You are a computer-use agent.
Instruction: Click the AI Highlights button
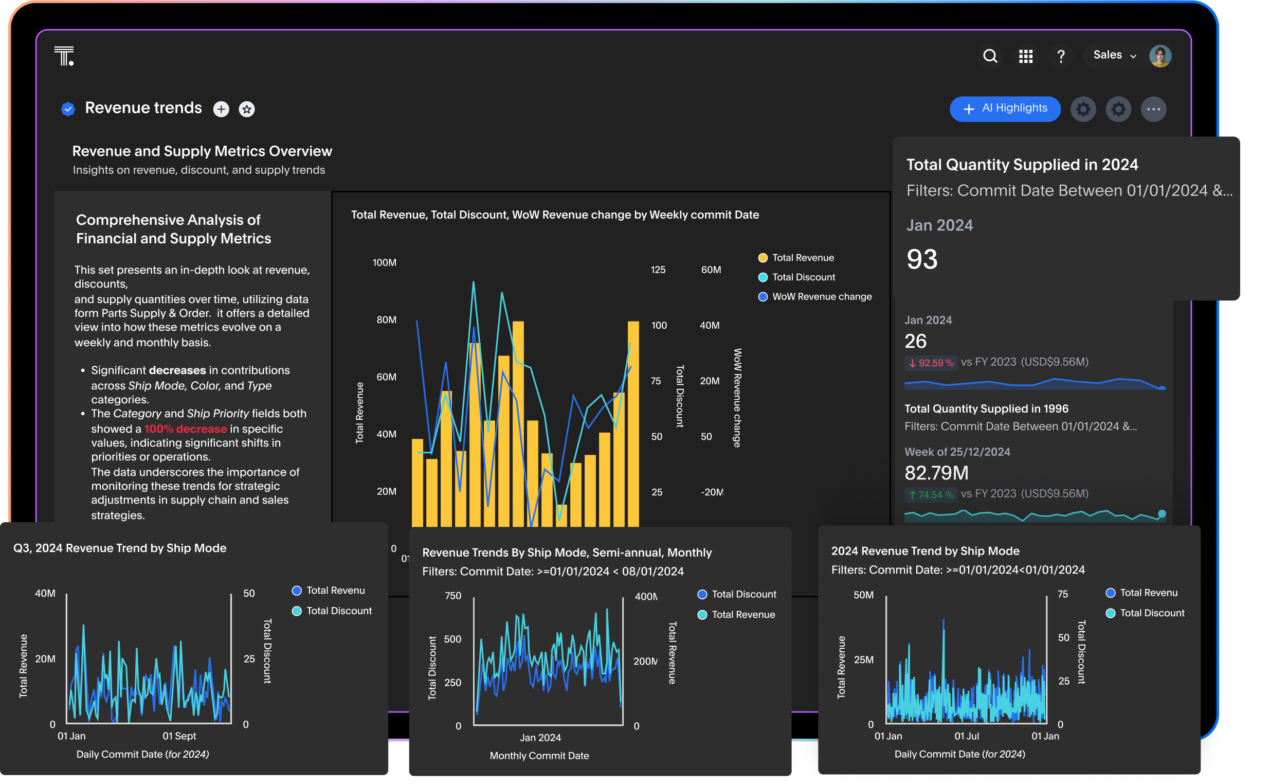(1005, 109)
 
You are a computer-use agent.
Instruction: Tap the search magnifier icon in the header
(990, 56)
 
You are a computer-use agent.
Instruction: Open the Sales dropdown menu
(1114, 56)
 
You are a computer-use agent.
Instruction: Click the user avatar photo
(1160, 56)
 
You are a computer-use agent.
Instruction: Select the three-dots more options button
(1153, 109)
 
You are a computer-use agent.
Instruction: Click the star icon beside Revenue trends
(247, 109)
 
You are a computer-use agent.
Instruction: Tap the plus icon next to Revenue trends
(221, 109)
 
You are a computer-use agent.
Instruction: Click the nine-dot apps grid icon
(1026, 56)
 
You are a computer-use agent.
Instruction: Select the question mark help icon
(1061, 56)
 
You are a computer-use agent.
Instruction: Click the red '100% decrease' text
(185, 429)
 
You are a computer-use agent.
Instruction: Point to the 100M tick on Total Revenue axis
(384, 262)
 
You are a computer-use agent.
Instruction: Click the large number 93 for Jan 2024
(921, 259)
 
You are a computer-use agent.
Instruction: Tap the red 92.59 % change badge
(931, 363)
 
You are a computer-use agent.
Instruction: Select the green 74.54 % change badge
(931, 495)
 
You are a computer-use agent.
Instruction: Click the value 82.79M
(936, 473)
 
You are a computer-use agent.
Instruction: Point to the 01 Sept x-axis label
(179, 736)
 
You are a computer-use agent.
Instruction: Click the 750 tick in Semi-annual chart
(452, 596)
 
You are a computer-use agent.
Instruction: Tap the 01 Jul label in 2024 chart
(967, 736)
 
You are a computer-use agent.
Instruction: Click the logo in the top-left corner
(64, 56)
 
